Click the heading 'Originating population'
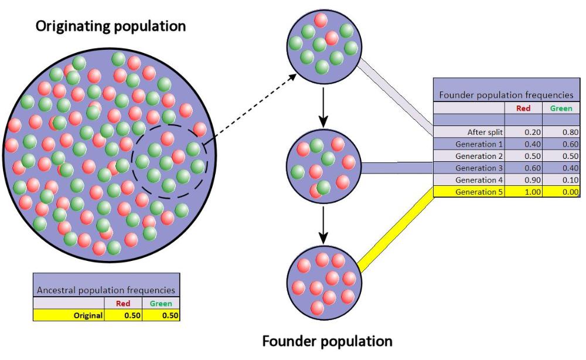point(111,26)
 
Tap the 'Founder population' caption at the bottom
point(327,341)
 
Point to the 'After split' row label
point(485,132)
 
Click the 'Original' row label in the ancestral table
point(88,315)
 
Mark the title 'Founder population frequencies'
point(506,95)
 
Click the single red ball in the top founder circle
point(321,21)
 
